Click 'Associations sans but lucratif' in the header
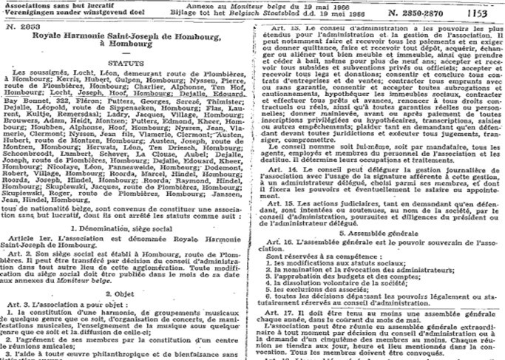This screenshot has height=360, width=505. click(x=50, y=5)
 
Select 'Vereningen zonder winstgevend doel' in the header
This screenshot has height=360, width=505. click(x=59, y=13)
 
